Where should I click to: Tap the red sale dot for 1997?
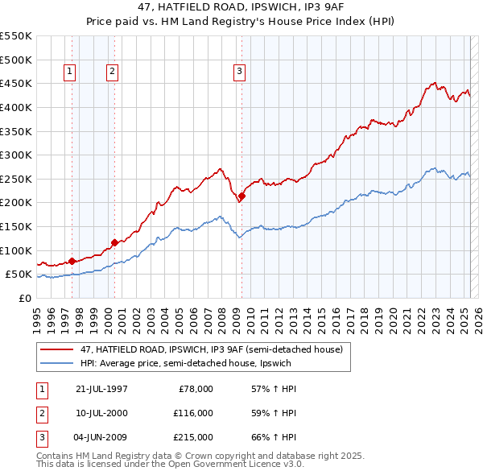pos(72,261)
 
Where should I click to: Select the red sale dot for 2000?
pos(114,242)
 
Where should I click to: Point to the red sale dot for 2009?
pos(242,196)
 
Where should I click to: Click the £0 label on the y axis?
pos(24,298)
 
